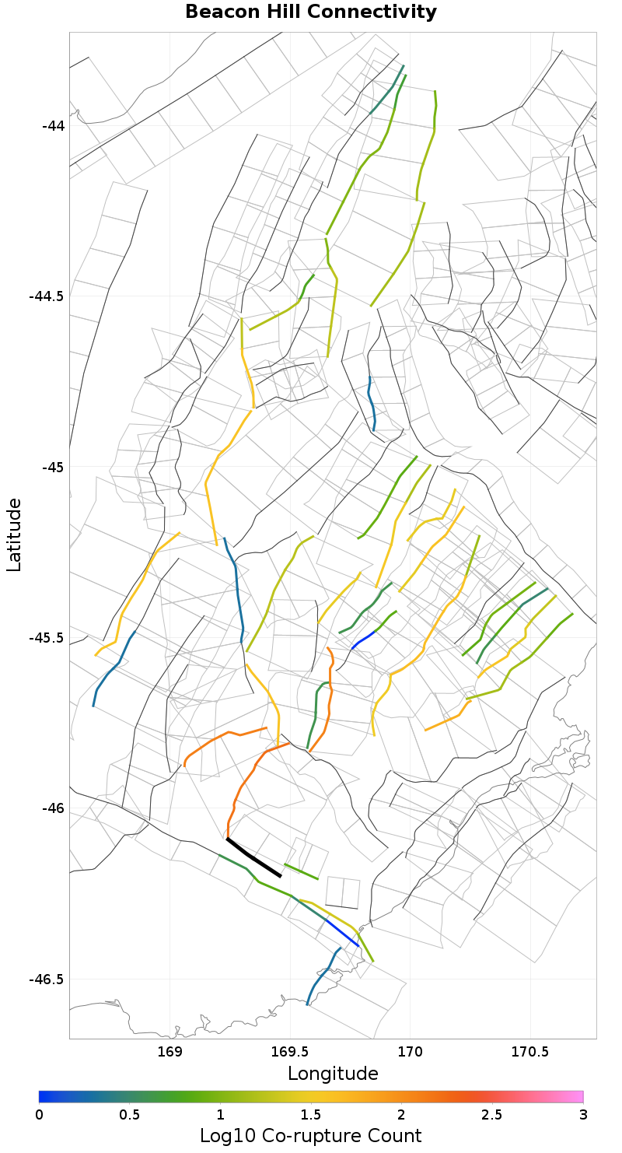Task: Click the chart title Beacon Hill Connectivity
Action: (311, 12)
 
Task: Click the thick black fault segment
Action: (253, 858)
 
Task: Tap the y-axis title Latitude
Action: (14, 535)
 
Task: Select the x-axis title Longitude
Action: (333, 1074)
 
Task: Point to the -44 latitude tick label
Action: (54, 126)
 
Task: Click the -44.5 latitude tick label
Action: (47, 296)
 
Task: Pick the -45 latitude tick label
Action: (54, 468)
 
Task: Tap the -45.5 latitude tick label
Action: (47, 638)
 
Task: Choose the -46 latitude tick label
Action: (54, 808)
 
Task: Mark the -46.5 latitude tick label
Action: (47, 980)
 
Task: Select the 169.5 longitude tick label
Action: (290, 1053)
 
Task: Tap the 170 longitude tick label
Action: (410, 1053)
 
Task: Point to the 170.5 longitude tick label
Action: (530, 1053)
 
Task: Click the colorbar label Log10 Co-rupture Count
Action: (311, 1135)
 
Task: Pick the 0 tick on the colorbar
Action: (40, 1114)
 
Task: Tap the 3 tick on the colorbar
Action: (582, 1114)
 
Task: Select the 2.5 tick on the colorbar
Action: (492, 1114)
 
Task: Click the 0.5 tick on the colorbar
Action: (130, 1114)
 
